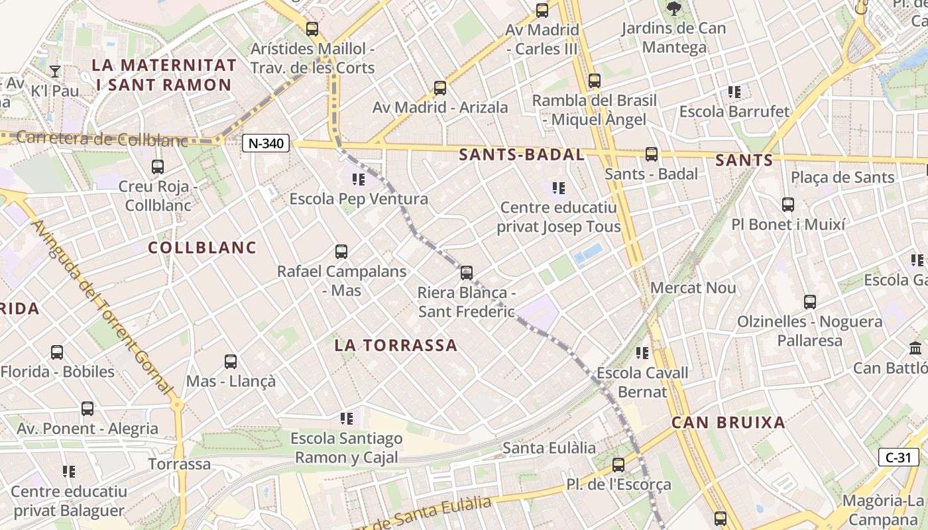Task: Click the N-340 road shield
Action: [266, 143]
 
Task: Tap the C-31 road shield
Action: [899, 457]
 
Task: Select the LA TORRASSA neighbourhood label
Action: [396, 345]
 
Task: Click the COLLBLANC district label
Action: [202, 248]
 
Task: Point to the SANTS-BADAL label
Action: [522, 155]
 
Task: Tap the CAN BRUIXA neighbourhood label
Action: [728, 423]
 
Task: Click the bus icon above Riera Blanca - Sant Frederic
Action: [467, 272]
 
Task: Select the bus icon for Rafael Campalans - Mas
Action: [341, 252]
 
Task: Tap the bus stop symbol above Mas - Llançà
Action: [231, 362]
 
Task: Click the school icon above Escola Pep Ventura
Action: [359, 179]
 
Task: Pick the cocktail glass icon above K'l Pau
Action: [55, 71]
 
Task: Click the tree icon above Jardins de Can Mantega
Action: [674, 9]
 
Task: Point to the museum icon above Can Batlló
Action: [916, 348]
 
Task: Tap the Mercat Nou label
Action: [693, 288]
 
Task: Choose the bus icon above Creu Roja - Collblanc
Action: [158, 167]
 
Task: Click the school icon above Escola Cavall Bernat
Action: [642, 353]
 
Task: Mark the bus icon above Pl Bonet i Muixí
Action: [788, 205]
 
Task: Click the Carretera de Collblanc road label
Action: [103, 139]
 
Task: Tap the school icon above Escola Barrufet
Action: [734, 91]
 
